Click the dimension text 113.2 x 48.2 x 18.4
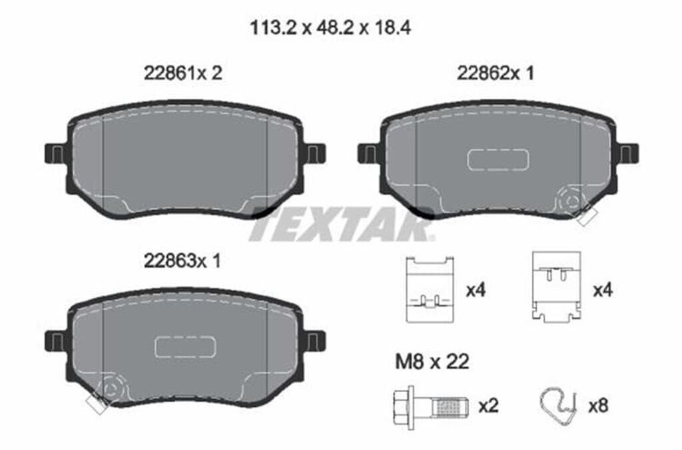[x=330, y=29]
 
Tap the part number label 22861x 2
[x=183, y=73]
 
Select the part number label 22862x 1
[x=496, y=73]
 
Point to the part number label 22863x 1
[x=182, y=261]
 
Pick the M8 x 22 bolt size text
[x=432, y=361]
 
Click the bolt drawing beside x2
[x=431, y=407]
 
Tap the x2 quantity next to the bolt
[x=488, y=407]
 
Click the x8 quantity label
[x=598, y=407]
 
